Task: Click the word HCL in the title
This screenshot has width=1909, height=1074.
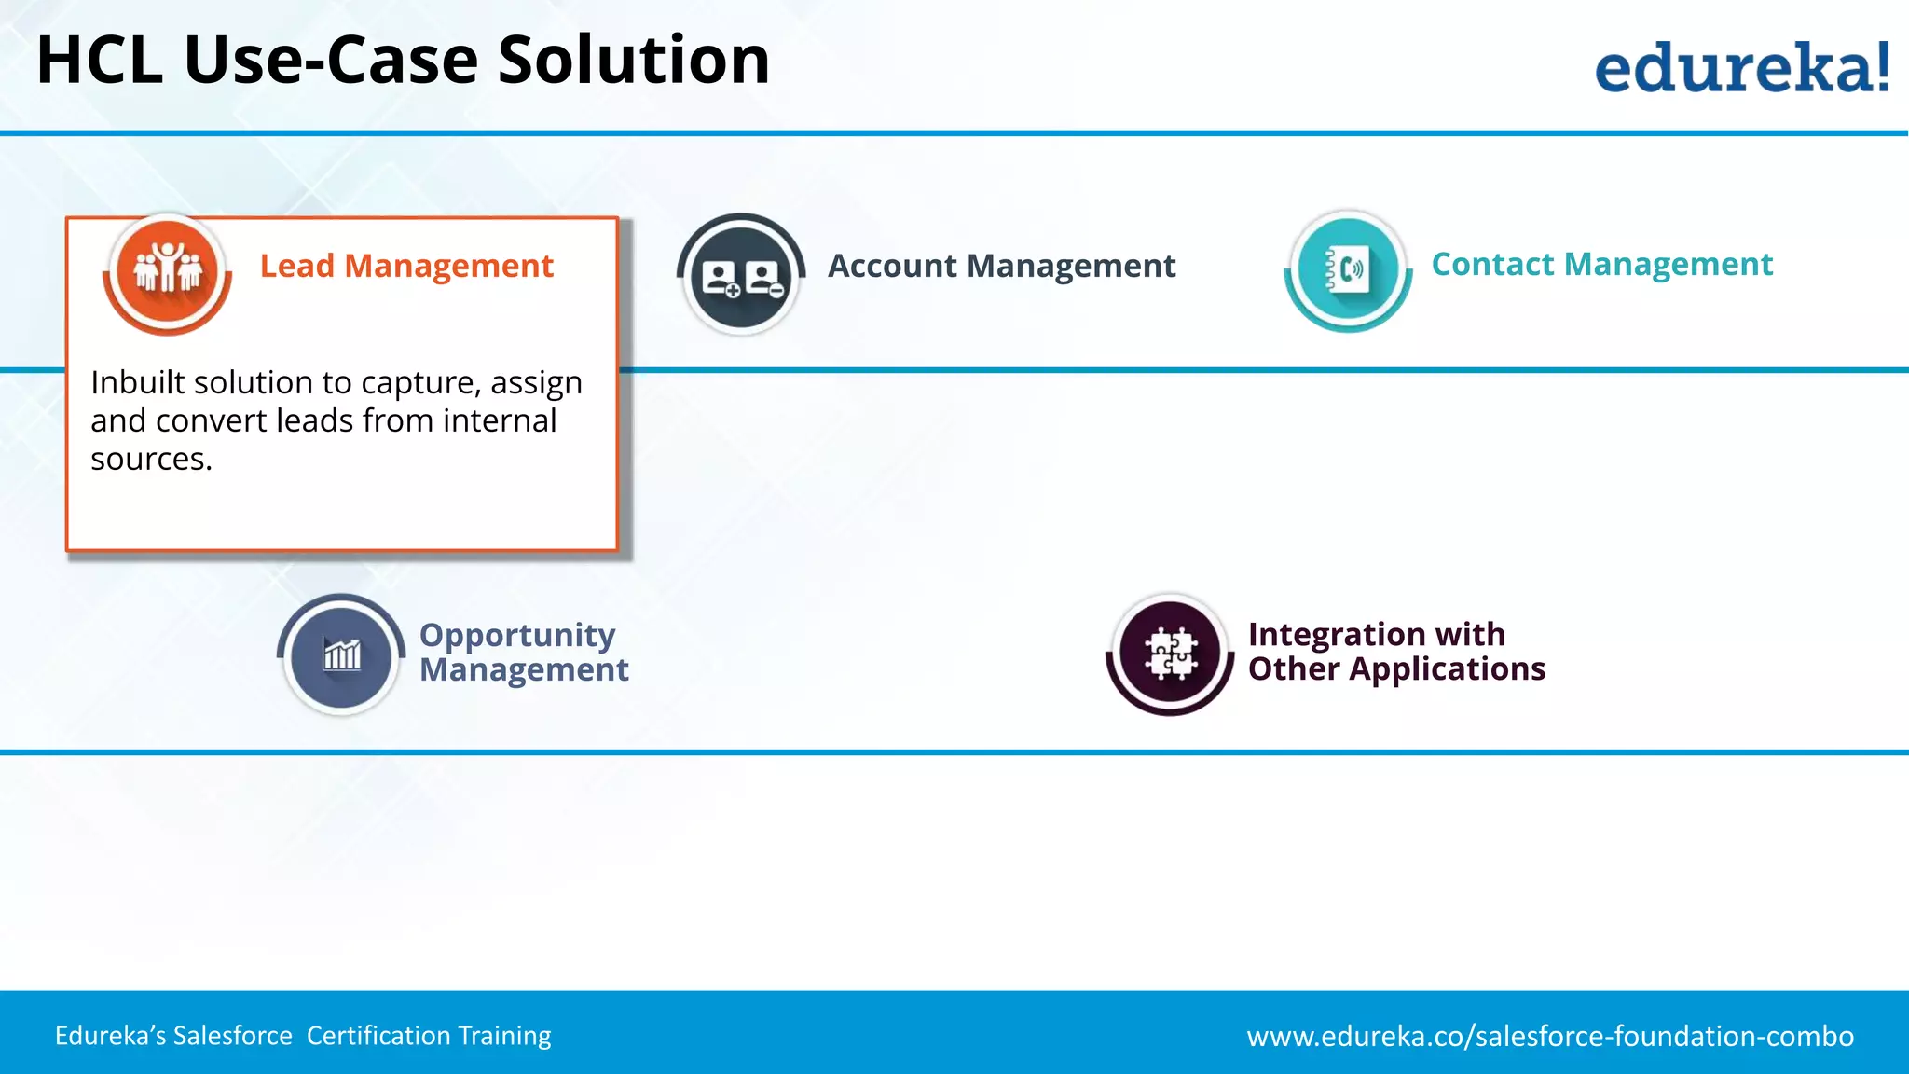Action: click(99, 61)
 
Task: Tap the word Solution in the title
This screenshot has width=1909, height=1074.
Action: click(634, 61)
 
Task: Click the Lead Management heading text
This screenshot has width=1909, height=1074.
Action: click(406, 267)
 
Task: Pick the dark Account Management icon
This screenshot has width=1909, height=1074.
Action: click(741, 275)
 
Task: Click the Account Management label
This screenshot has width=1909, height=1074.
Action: click(1001, 267)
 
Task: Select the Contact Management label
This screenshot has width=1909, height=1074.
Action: click(1601, 265)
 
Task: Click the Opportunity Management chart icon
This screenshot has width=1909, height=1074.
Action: click(341, 654)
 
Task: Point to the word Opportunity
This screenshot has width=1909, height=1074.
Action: click(517, 636)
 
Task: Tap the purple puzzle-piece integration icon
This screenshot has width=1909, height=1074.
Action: click(1170, 653)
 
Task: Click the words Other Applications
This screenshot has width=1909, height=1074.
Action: click(1396, 669)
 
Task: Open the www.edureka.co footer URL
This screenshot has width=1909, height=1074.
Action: click(1550, 1036)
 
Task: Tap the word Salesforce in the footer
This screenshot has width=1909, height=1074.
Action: click(233, 1036)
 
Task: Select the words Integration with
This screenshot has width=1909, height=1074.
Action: click(1376, 635)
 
